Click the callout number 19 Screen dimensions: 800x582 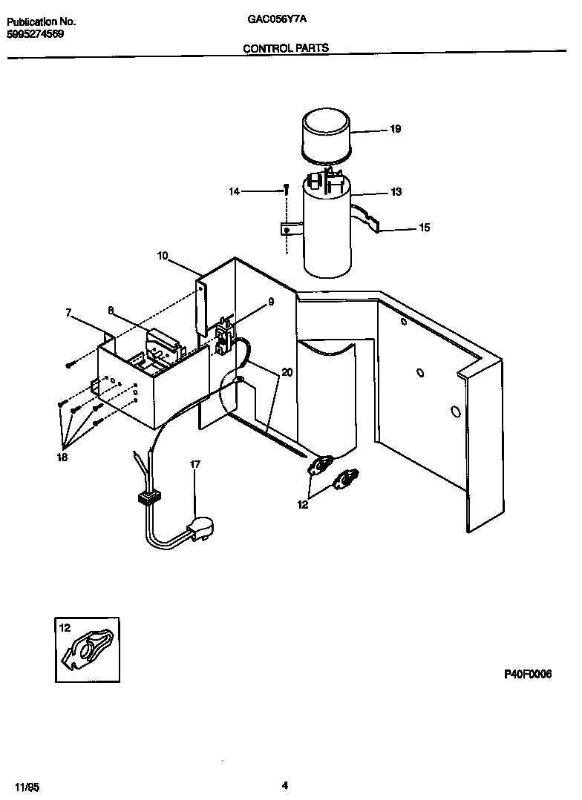[395, 129]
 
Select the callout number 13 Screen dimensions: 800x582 [396, 192]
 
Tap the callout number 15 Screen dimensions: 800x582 [424, 228]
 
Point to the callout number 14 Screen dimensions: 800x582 [235, 192]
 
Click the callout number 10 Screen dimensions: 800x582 [163, 256]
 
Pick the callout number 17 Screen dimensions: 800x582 [195, 464]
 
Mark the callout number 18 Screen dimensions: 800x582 [62, 457]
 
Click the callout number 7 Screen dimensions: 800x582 [68, 314]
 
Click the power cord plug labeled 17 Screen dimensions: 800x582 [200, 529]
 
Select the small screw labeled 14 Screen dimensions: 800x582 [285, 191]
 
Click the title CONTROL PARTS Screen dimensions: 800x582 [286, 48]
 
